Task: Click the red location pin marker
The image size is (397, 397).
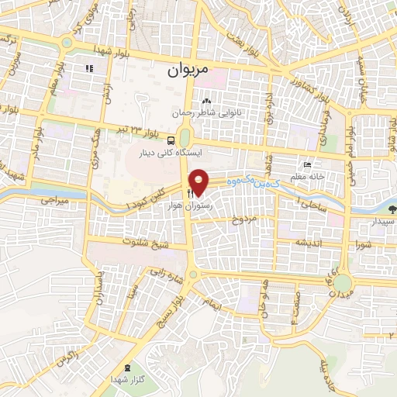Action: click(x=199, y=181)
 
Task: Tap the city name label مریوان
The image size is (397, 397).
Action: click(x=188, y=69)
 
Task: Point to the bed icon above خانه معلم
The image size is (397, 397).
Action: click(x=307, y=164)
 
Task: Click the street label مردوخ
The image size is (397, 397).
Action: click(x=244, y=220)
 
